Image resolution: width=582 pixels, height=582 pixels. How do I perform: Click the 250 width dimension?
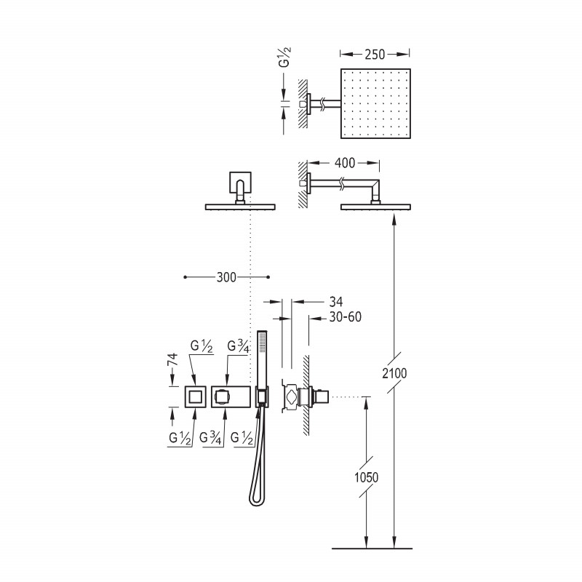point(375,55)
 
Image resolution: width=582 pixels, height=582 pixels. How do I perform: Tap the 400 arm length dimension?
point(345,163)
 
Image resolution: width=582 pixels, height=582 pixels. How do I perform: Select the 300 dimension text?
point(226,277)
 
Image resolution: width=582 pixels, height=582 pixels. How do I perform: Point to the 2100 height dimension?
point(394,373)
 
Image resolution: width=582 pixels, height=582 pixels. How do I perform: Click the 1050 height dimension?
point(367,477)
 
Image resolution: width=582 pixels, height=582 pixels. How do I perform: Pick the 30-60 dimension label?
point(345,317)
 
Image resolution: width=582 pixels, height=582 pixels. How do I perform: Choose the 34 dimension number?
point(336,301)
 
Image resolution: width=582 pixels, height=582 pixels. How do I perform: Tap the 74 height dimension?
point(173,359)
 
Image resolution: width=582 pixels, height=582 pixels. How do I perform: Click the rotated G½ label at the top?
point(284,57)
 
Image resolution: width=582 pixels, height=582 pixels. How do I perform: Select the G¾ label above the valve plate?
point(239,347)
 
